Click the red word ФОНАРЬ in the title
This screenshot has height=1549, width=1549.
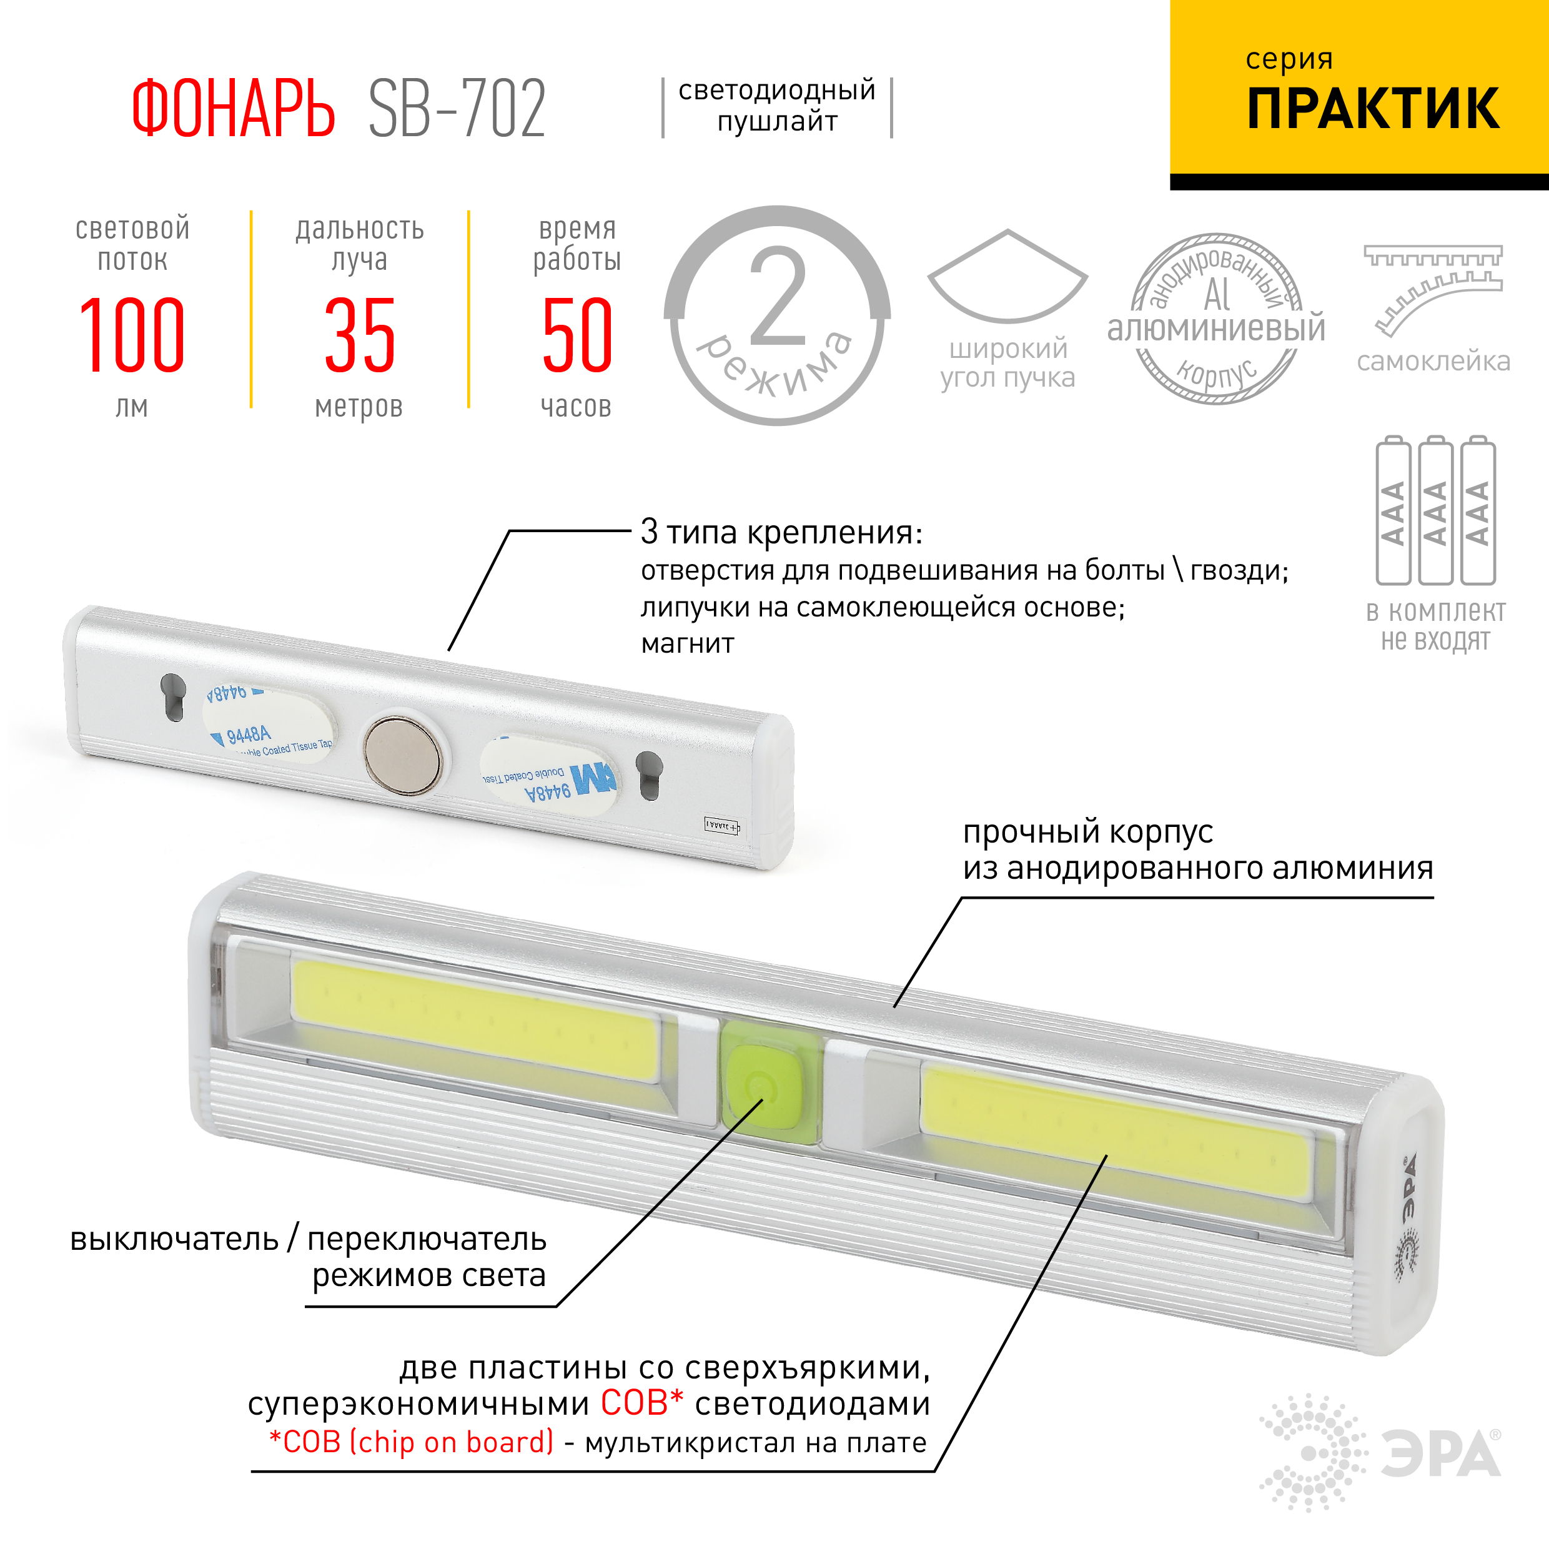coord(232,109)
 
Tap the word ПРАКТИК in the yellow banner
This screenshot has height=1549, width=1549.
coord(1373,109)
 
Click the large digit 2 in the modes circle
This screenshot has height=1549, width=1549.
coord(777,299)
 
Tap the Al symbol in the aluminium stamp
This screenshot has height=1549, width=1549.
coord(1216,295)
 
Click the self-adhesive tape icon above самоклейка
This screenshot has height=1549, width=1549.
coord(1433,289)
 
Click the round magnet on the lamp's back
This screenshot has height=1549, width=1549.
coord(402,755)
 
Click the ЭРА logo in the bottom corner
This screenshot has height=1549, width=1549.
coord(1380,1452)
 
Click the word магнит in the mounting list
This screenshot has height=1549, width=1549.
coord(687,644)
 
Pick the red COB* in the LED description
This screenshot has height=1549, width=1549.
coord(641,1403)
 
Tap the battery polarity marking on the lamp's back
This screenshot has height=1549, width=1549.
coord(721,825)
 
